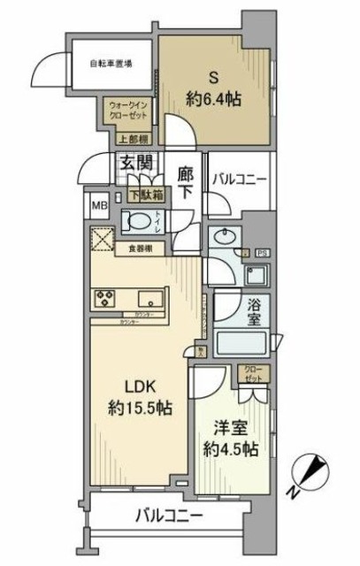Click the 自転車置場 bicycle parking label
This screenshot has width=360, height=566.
click(x=111, y=63)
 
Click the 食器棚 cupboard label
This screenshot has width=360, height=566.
click(x=138, y=249)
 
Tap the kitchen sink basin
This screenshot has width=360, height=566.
click(x=145, y=297)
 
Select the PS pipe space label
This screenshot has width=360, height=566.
click(x=262, y=254)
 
